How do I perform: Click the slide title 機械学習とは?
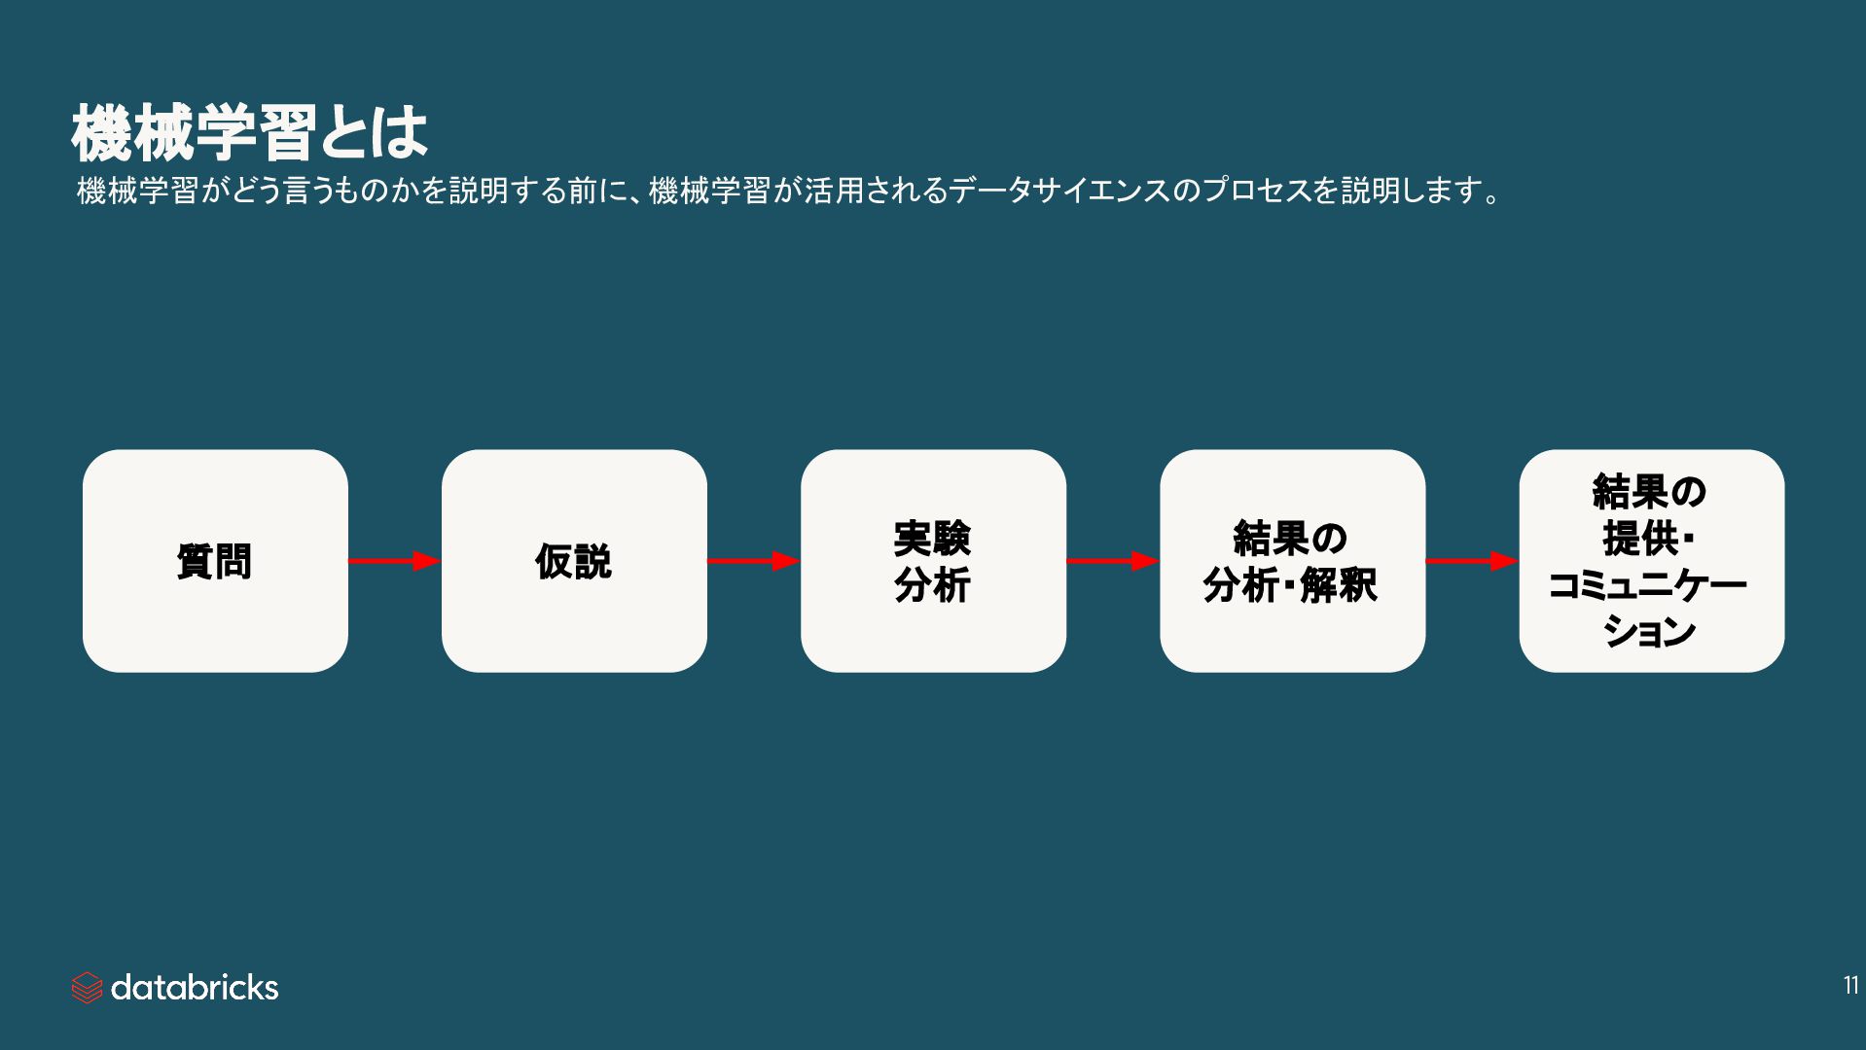coord(249,132)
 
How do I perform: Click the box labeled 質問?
coord(215,561)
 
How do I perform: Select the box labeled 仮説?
coord(574,561)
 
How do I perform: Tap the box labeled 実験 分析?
coord(933,561)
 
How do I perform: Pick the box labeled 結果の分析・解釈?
coord(1292,561)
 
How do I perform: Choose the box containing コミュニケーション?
coord(1651,561)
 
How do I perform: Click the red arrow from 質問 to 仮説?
coord(394,561)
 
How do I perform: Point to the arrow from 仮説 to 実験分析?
coord(753,561)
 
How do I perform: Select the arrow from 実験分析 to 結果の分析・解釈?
coord(1112,561)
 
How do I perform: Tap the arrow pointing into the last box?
coord(1471,561)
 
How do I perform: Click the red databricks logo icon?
coord(87,988)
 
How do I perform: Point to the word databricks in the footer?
coord(195,988)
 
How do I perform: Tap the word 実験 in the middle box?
coord(932,538)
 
